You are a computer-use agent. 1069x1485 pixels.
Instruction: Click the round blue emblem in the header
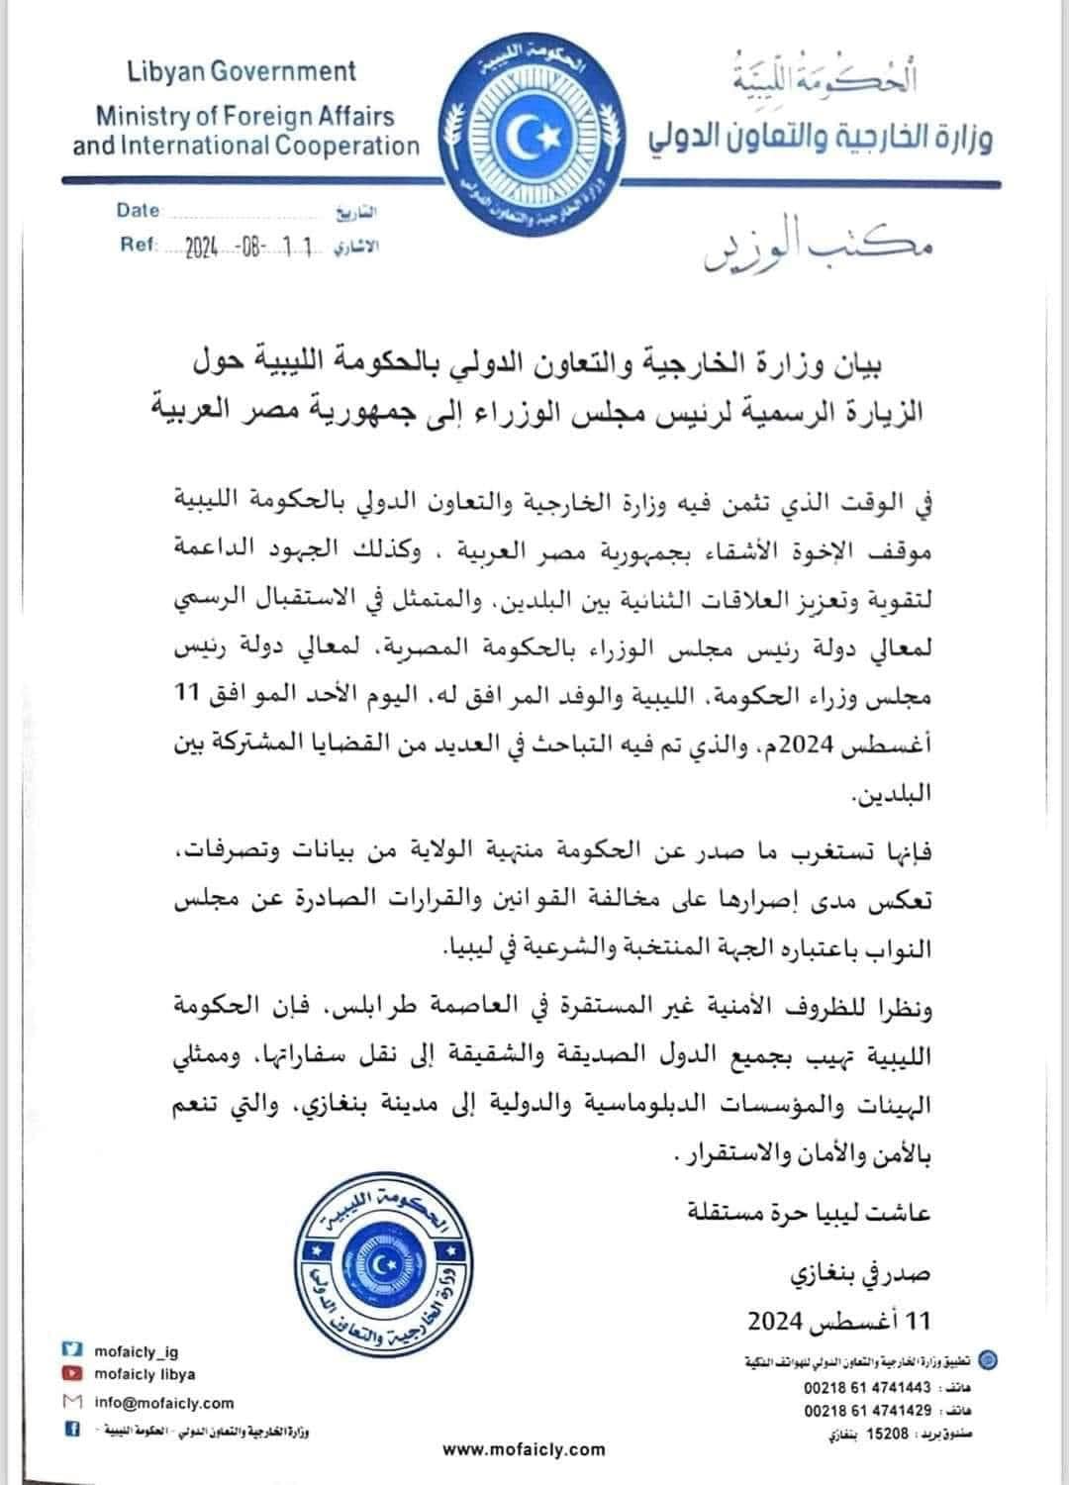534,133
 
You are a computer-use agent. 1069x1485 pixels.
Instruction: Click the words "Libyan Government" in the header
242,71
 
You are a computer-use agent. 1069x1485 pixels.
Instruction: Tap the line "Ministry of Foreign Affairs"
244,116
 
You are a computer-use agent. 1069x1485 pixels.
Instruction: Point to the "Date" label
138,210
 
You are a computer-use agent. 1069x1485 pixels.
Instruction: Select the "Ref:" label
138,244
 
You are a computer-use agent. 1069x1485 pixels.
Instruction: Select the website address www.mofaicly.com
524,1449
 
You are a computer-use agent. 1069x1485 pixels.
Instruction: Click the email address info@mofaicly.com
164,1402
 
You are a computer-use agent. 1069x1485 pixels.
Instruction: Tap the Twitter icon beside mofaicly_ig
71,1350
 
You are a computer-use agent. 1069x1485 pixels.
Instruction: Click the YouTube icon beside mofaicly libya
71,1374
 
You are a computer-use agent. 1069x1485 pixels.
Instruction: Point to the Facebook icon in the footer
71,1429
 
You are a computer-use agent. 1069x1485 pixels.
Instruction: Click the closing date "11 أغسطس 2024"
839,1321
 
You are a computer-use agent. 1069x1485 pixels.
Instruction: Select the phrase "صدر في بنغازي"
860,1276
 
